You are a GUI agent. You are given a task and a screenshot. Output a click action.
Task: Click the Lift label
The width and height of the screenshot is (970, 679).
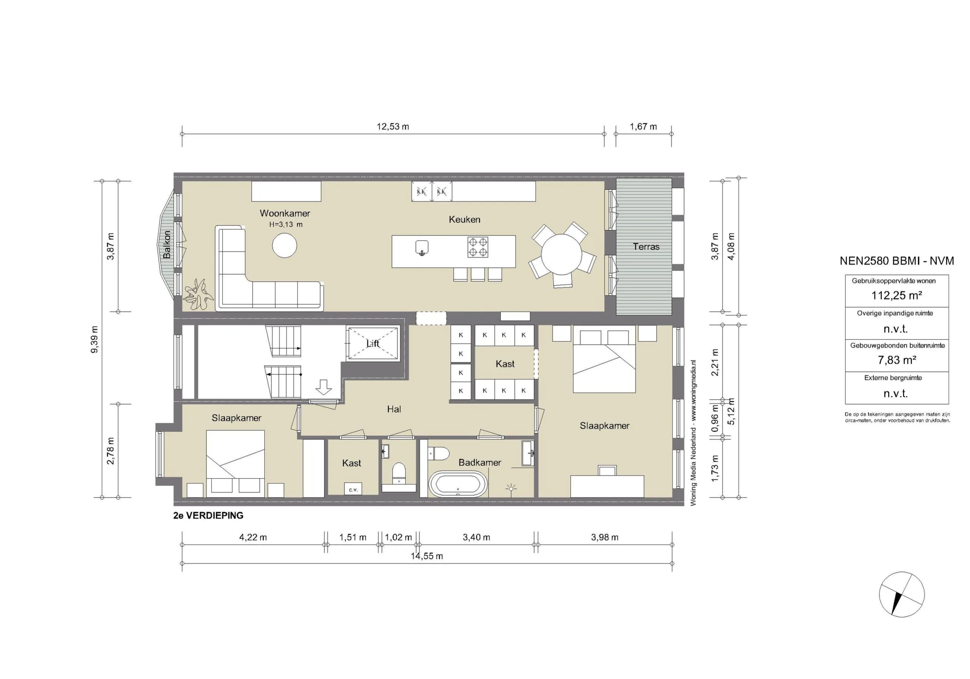point(372,344)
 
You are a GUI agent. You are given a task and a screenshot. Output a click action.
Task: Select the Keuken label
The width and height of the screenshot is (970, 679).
point(464,219)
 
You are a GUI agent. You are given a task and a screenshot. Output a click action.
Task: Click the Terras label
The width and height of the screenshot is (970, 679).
point(646,247)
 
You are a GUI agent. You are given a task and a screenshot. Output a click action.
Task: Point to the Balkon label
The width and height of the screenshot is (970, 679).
point(167,245)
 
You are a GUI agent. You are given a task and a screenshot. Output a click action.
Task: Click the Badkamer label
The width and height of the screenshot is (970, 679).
point(480,463)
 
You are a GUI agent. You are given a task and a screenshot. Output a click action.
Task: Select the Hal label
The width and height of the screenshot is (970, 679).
point(394,409)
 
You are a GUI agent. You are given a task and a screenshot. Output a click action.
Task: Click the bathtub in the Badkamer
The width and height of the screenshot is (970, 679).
point(458,484)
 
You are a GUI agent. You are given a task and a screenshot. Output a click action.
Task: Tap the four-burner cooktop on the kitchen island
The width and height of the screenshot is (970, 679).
point(478,247)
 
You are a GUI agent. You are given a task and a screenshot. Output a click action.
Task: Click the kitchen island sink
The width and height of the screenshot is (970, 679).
point(422,247)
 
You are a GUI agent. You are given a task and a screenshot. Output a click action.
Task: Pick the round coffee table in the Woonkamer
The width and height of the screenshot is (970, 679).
point(284,246)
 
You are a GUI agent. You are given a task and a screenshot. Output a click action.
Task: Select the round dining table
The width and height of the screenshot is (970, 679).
point(562,254)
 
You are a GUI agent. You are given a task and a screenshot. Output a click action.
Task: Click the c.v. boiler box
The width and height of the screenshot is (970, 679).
point(353,489)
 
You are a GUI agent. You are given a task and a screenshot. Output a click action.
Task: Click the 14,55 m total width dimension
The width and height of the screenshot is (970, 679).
point(427,556)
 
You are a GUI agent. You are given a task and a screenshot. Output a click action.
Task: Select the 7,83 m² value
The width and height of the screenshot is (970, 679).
point(896,360)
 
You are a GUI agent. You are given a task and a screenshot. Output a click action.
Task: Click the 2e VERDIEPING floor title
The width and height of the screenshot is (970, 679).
point(208,515)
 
